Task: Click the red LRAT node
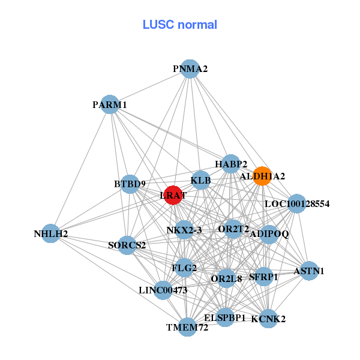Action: pos(173,196)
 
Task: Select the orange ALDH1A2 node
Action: pos(262,176)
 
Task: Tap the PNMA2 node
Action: pos(190,69)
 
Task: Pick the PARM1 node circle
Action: pos(110,104)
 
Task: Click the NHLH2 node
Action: pos(50,233)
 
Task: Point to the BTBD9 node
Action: pos(130,184)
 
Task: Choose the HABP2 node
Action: pos(231,164)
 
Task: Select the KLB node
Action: pos(201,180)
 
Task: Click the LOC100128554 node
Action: pos(297,204)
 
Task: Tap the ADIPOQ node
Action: pos(269,234)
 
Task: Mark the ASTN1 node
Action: pos(309,271)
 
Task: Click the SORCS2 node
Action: pos(127,245)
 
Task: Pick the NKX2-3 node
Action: pos(184,230)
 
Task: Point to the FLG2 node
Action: pos(184,268)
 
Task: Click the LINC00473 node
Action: pos(163,290)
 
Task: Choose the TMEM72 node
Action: pos(188,327)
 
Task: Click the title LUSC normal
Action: pos(179,25)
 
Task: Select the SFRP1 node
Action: pos(264,277)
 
